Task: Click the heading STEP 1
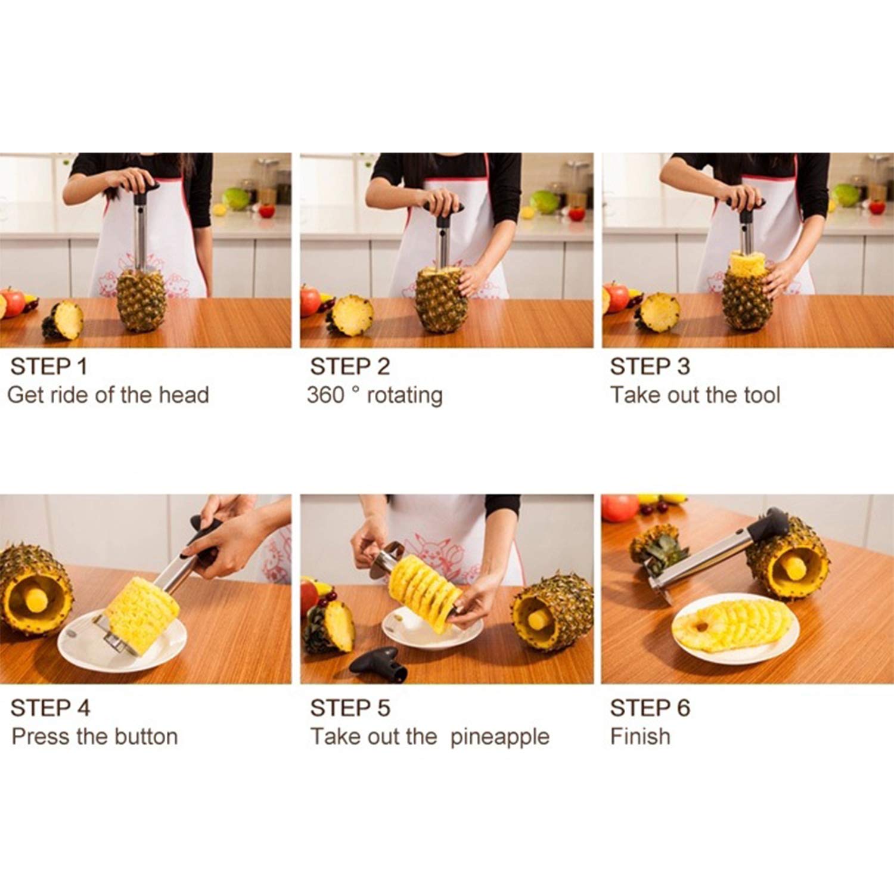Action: click(x=49, y=367)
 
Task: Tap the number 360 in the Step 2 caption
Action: click(x=325, y=395)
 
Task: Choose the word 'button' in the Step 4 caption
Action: click(x=146, y=737)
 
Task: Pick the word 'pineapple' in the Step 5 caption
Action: click(x=499, y=738)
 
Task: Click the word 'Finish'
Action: click(x=640, y=737)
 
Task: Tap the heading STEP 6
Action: click(x=650, y=708)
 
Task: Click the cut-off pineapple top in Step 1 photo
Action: click(x=63, y=320)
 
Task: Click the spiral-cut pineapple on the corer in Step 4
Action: click(x=142, y=614)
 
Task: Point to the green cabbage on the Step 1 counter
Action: click(x=236, y=198)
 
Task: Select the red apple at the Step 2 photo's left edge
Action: click(x=310, y=300)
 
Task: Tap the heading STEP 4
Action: click(x=50, y=708)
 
